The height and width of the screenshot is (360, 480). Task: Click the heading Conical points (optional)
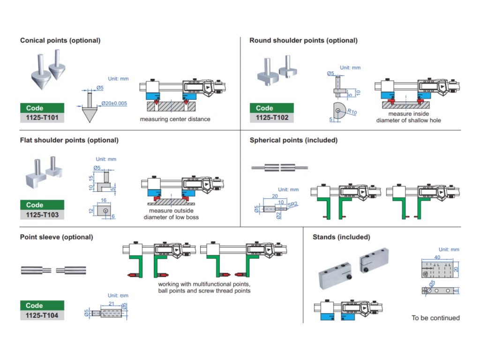(x=60, y=40)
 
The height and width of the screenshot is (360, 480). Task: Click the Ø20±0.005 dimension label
(x=114, y=103)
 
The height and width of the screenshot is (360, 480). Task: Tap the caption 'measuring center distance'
(x=175, y=119)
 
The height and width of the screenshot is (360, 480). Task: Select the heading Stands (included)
(x=341, y=237)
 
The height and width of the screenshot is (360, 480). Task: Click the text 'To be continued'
(x=435, y=318)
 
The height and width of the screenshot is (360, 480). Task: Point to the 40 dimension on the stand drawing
(x=437, y=257)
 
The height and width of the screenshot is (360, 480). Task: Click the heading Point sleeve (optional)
(x=56, y=237)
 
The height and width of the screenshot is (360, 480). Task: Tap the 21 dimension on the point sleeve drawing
(x=111, y=304)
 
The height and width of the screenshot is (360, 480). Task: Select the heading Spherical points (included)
(x=293, y=140)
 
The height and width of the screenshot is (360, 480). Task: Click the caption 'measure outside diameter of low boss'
(x=171, y=214)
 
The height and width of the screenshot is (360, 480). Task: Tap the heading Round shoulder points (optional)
(x=303, y=40)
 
